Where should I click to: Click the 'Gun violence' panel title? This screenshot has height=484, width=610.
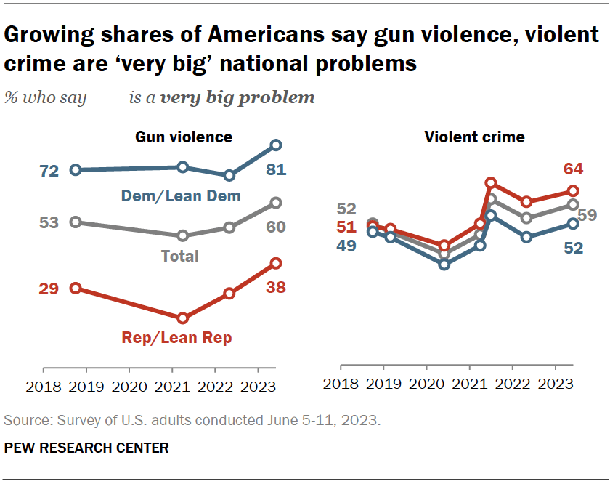184,137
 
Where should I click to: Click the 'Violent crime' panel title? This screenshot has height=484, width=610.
474,137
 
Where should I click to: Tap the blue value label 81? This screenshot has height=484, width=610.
275,170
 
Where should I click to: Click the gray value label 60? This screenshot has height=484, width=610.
275,227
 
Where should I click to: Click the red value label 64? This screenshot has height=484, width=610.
573,169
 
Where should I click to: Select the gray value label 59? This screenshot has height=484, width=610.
588,215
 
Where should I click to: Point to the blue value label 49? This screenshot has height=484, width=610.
346,246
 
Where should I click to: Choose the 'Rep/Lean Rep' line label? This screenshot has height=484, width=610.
183,337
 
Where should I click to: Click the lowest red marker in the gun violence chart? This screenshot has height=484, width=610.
183,318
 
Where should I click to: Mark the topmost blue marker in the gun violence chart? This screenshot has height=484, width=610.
275,145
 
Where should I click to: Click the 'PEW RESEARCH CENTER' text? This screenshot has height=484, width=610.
86,448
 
